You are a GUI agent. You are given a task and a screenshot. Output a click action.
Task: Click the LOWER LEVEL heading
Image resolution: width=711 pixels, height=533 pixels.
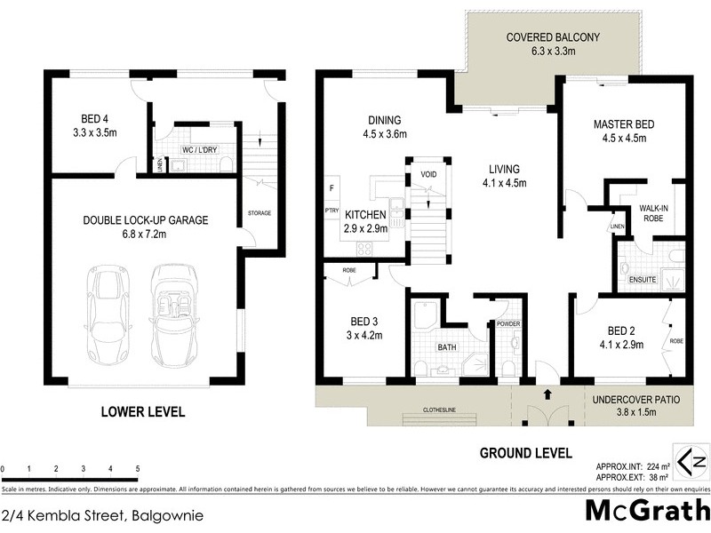click(x=143, y=411)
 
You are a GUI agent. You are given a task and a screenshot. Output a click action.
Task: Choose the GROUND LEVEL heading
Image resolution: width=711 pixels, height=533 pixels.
click(x=525, y=452)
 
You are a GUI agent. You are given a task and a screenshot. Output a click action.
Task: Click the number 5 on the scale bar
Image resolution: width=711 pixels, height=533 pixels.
click(x=138, y=468)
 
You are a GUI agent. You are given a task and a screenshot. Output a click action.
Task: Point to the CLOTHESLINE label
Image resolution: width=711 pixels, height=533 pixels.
click(x=423, y=411)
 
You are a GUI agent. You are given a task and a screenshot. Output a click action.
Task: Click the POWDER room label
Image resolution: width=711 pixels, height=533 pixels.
click(x=508, y=324)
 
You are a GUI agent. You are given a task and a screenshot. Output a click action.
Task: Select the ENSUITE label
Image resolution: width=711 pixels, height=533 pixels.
click(x=643, y=279)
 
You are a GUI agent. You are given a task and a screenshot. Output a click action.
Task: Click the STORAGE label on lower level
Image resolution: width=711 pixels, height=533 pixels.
click(x=260, y=213)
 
